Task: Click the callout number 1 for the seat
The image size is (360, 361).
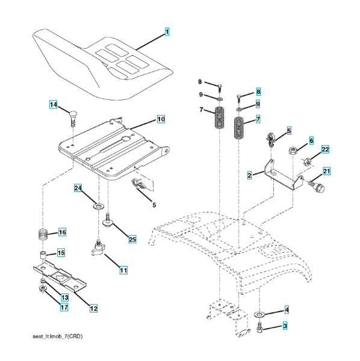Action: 167,31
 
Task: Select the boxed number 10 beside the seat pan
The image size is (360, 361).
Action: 161,119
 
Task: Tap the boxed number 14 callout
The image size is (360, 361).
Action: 54,105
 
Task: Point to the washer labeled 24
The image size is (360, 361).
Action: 99,206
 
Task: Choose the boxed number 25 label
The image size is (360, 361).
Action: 132,239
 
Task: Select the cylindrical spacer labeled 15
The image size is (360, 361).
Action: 43,256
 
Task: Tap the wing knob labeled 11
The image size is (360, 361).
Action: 98,248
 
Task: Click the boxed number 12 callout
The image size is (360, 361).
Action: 93,308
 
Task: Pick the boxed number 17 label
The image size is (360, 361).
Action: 64,307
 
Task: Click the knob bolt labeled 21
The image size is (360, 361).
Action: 317,187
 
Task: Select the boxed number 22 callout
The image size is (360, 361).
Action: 325,149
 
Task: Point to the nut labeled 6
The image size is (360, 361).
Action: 293,151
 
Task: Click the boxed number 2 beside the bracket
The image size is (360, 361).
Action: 249,176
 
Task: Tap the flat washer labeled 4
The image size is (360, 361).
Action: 259,314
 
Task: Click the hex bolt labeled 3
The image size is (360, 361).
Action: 259,328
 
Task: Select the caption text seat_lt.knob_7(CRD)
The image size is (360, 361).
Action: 58,336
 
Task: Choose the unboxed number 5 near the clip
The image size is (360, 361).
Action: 154,205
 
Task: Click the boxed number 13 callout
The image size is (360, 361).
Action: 65,297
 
